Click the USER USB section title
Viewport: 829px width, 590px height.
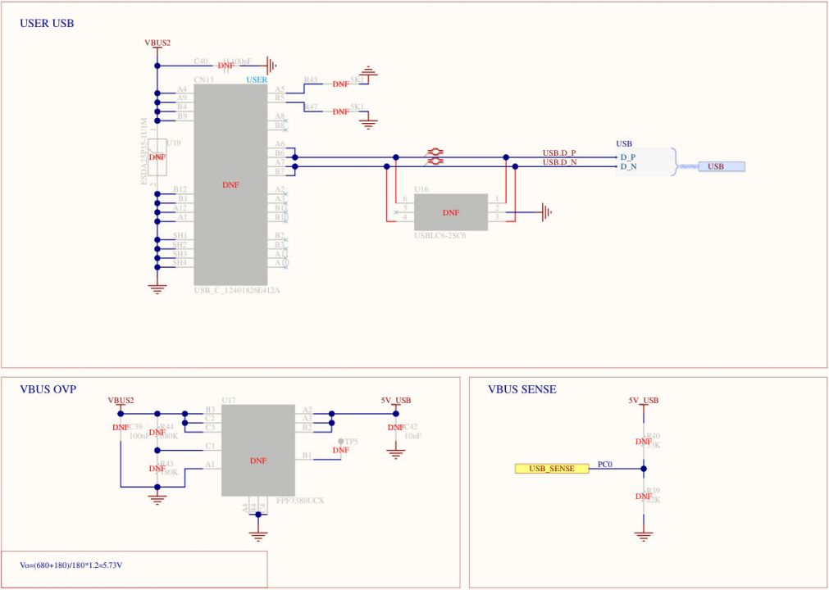click(47, 24)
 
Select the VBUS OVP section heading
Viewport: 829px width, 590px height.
click(48, 389)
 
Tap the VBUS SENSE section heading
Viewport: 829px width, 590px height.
click(522, 389)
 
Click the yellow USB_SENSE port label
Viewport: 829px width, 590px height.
click(551, 469)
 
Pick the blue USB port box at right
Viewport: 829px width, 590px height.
click(721, 166)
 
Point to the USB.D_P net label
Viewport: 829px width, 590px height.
click(559, 153)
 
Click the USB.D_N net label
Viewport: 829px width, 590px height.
click(559, 162)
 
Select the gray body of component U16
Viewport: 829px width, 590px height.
click(450, 212)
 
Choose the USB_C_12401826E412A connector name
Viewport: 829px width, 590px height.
click(237, 290)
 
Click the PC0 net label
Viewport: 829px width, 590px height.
click(604, 464)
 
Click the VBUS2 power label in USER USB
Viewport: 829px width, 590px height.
click(157, 43)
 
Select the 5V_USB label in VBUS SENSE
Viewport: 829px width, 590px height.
click(644, 400)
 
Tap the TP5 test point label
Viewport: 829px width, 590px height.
click(351, 442)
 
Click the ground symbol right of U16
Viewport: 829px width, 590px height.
click(547, 212)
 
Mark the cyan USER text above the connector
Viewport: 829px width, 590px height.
click(257, 79)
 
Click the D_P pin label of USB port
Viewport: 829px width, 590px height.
click(629, 157)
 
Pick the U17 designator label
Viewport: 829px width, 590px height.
click(229, 401)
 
